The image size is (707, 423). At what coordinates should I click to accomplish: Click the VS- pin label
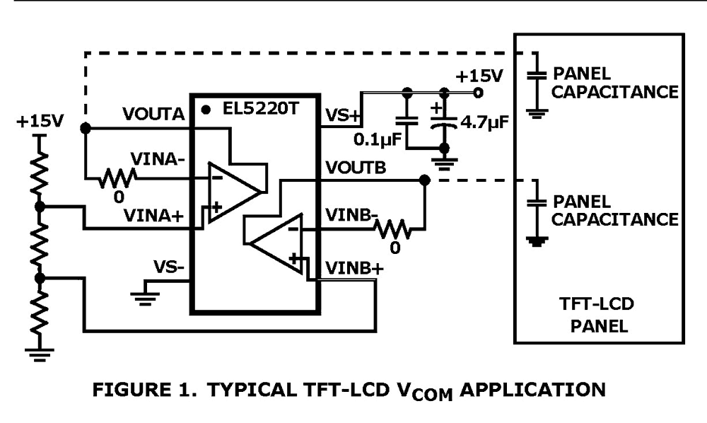pos(170,267)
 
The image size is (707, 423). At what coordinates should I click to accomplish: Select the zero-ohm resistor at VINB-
pos(393,230)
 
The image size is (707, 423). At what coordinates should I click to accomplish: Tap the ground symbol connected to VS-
pos(145,295)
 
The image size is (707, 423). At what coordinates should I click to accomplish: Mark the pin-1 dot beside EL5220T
pos(206,110)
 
